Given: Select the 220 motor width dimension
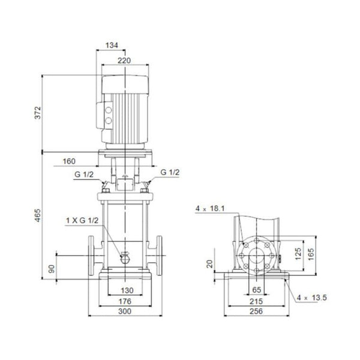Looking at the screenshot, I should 124,60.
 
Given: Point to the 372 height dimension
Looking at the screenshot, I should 37,113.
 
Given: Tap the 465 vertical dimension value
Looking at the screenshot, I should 37,215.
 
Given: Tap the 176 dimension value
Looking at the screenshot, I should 124,302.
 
